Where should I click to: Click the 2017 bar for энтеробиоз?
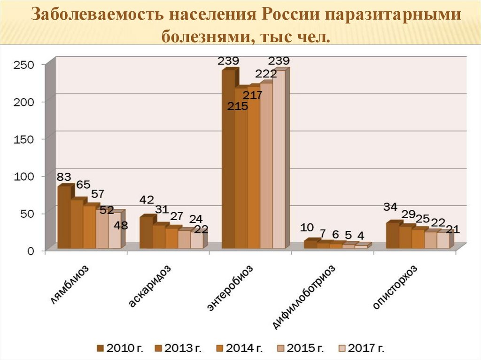279,160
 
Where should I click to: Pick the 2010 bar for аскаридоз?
146,232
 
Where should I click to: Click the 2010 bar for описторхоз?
392,236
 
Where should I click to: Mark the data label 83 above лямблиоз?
64,177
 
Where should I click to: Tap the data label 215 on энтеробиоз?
237,107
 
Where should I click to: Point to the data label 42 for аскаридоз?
147,199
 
